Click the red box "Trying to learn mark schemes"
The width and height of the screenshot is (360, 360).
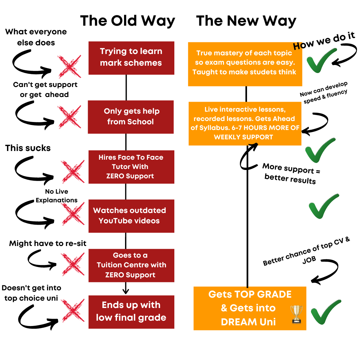(x=131, y=58)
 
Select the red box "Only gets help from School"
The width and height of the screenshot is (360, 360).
(x=131, y=117)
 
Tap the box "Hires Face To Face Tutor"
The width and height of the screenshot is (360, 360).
(x=131, y=167)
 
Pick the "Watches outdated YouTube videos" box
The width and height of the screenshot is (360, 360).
(x=131, y=216)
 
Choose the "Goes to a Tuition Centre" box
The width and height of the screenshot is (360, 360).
(x=131, y=265)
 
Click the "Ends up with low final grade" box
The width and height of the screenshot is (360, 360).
(x=131, y=312)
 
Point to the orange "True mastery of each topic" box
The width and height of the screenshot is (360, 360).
(x=245, y=64)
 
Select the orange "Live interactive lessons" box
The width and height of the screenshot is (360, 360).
(x=245, y=124)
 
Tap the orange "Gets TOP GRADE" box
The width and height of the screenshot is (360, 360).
(x=250, y=308)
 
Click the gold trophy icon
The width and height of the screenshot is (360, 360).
(x=296, y=314)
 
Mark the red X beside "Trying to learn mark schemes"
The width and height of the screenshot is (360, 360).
(x=70, y=66)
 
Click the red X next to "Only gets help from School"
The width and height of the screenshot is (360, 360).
(x=70, y=117)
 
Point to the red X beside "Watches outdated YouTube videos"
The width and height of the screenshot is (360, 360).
(x=73, y=214)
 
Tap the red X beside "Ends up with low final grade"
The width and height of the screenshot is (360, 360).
(x=73, y=311)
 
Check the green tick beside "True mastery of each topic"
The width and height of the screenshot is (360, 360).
(x=322, y=60)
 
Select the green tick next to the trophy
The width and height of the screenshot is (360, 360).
(x=326, y=312)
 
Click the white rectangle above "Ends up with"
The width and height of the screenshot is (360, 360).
(x=167, y=288)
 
